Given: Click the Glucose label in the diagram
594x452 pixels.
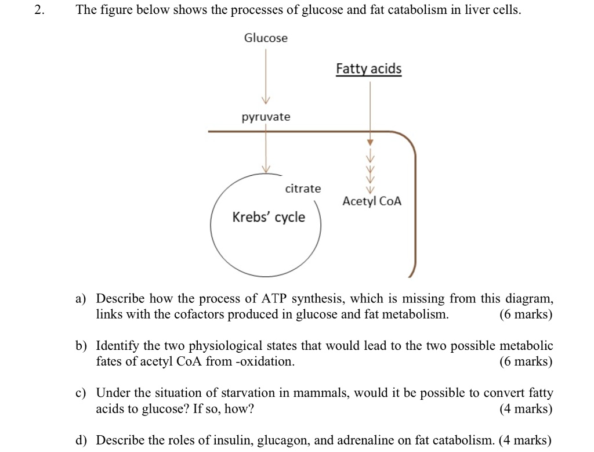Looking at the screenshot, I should pos(266,38).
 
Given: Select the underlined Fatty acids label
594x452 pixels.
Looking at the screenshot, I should pos(369,69).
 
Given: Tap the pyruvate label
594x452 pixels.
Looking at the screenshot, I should pos(266,117).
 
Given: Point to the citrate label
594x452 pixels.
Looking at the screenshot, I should pos(303,189).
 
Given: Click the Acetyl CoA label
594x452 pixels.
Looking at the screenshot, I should pos(372,201).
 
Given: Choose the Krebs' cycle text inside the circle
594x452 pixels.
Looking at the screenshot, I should pos(269,217).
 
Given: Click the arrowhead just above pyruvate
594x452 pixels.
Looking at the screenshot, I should pos(266,97).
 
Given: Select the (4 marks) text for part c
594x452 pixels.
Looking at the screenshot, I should pos(526,409).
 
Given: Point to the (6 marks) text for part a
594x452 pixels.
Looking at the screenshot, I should pos(526,314).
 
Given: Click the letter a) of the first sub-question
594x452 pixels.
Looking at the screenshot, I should pos(81,299).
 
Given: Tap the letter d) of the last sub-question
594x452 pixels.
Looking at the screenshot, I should pos(81,440).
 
